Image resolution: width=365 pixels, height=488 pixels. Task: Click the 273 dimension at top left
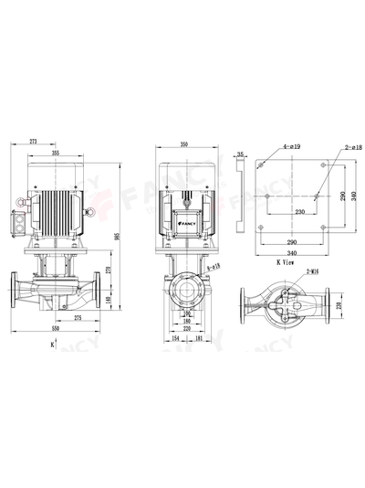(x=33, y=143)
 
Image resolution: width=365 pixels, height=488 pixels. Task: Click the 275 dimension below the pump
(x=78, y=316)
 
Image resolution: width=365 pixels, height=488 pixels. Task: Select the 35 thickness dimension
(x=240, y=155)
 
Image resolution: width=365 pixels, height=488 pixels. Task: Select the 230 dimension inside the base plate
(x=289, y=212)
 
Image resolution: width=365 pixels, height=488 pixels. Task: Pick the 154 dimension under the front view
(x=176, y=338)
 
